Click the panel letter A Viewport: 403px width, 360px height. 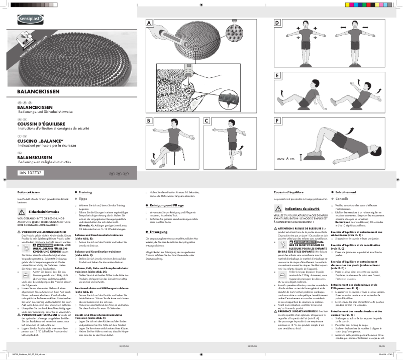point(149,24)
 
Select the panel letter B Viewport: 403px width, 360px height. point(149,121)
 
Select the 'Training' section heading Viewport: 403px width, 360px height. point(85,192)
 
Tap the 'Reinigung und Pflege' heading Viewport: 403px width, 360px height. point(167,205)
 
